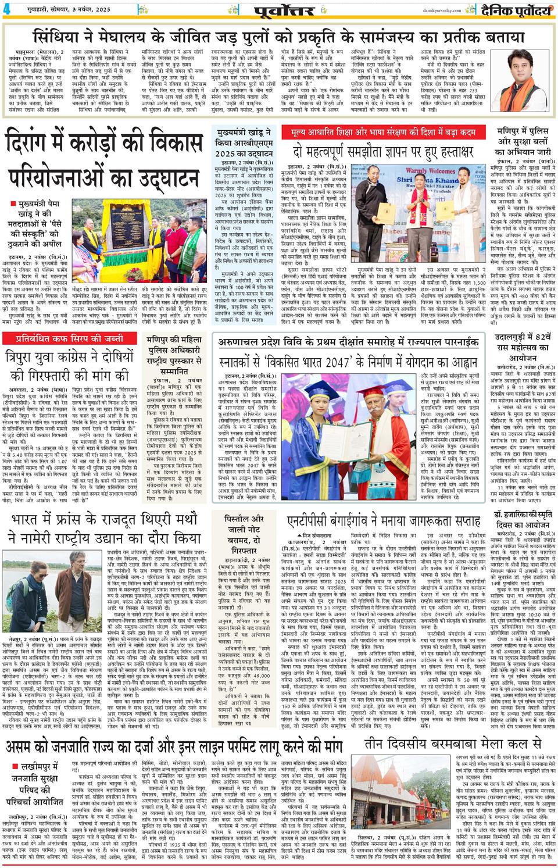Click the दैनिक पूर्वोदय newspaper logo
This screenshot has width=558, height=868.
click(x=513, y=10)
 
